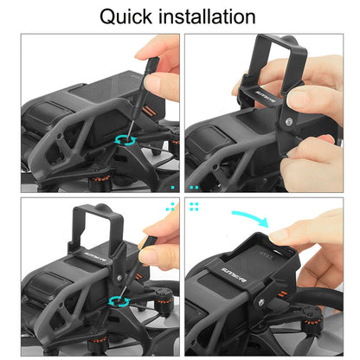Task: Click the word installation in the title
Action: coord(208,16)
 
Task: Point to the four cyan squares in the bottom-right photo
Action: coord(194,206)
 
